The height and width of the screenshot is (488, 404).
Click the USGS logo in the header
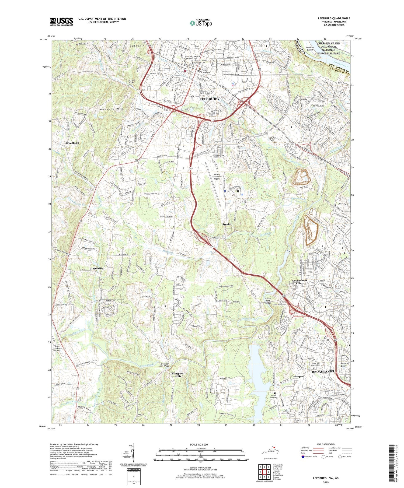tap(61, 22)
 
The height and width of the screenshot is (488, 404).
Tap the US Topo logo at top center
tap(201, 23)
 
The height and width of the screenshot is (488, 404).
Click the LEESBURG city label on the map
tap(209, 99)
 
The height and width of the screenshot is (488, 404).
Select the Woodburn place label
tap(72, 143)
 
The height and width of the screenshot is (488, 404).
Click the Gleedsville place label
tap(96, 269)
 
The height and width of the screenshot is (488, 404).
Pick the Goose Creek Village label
tap(300, 282)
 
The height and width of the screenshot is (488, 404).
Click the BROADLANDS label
tap(323, 371)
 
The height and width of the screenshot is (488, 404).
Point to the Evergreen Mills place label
tap(178, 375)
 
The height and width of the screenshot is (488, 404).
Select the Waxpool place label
tap(299, 376)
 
